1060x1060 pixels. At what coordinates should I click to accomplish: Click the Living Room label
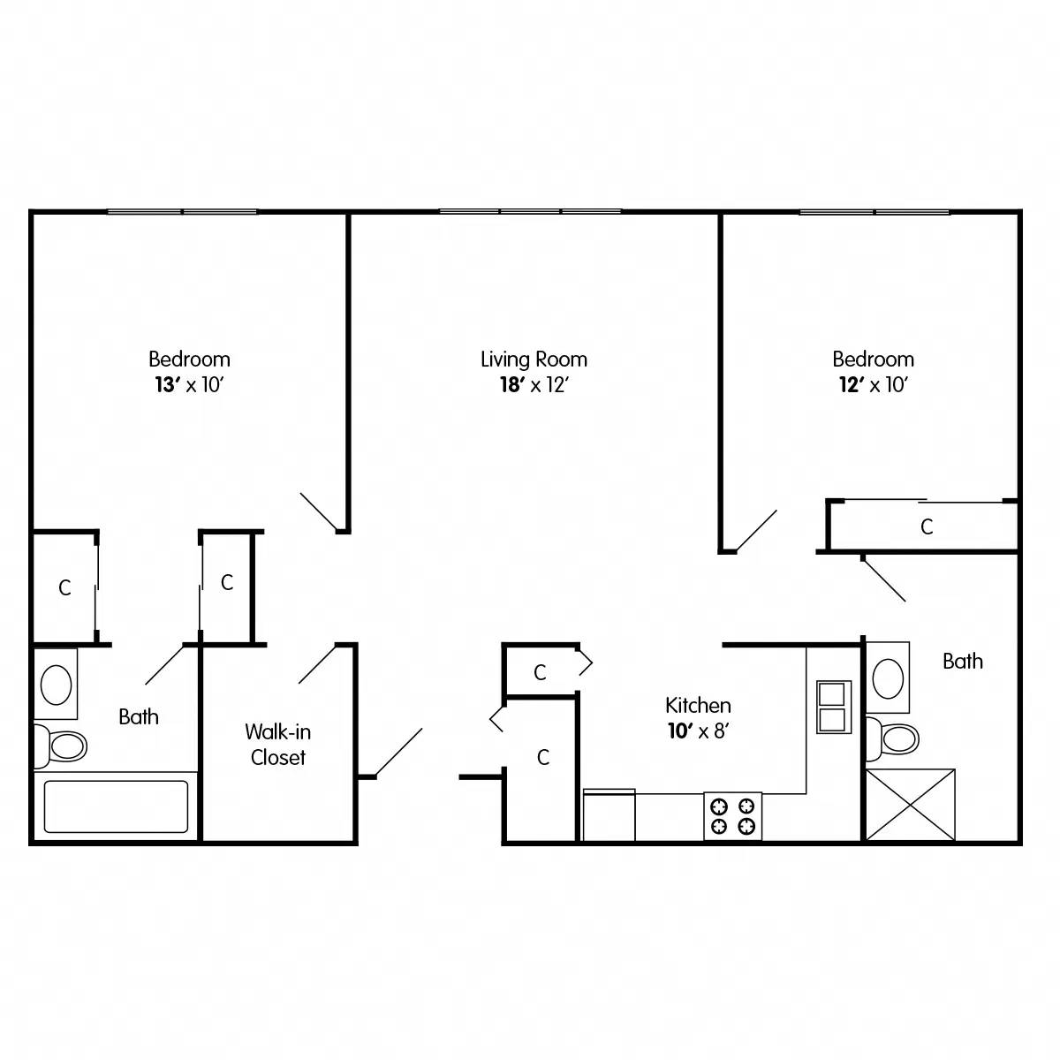point(534,360)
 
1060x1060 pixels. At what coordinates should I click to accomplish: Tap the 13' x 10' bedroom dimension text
point(189,385)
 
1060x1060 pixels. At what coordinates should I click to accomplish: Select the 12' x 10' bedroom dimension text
point(873,385)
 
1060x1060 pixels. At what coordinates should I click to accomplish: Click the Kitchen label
point(698,705)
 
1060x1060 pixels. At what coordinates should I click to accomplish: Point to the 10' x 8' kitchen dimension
point(698,731)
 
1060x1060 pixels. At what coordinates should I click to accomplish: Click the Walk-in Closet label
point(277,745)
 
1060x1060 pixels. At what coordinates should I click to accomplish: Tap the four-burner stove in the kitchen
point(732,815)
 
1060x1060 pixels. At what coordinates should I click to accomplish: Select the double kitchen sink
point(831,707)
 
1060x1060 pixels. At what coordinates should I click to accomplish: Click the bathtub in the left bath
point(116,806)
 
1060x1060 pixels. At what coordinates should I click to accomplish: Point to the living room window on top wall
point(530,212)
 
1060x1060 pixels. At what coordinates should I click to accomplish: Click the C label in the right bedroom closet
point(927,527)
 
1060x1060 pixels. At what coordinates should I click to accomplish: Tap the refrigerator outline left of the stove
point(609,815)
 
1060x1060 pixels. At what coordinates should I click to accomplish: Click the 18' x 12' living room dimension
point(534,385)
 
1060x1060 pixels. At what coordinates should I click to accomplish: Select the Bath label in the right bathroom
point(962,661)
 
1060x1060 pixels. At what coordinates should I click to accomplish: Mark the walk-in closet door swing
point(318,663)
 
